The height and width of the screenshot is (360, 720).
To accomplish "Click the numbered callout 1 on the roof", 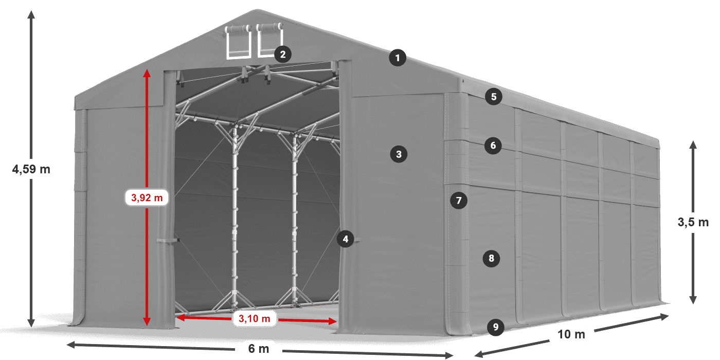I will [x=397, y=58].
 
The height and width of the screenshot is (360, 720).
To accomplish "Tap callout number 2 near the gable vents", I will [x=282, y=53].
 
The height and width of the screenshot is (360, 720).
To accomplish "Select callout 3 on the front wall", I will [x=399, y=153].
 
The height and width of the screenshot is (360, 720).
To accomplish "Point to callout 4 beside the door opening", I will [x=346, y=239].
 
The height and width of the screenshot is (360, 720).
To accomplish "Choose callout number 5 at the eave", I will [x=493, y=96].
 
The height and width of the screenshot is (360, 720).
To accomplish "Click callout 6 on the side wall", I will [x=493, y=146].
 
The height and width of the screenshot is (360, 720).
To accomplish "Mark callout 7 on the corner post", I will [x=459, y=200].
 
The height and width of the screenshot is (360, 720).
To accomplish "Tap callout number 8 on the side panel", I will [x=491, y=258].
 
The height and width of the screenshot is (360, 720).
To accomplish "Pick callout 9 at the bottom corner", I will [x=495, y=326].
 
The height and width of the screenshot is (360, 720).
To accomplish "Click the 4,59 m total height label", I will [x=31, y=169].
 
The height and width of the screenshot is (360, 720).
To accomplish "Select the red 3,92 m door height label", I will [x=147, y=197].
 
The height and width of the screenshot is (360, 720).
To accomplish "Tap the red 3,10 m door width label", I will [x=255, y=319].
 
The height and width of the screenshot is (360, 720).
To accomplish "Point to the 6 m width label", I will [x=259, y=349].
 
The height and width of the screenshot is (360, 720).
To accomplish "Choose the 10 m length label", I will [x=571, y=334].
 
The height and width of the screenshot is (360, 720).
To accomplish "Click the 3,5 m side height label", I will [x=693, y=222].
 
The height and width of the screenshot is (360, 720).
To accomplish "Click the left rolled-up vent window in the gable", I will [x=239, y=41].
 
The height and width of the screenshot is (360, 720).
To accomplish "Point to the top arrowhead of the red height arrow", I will [x=147, y=73].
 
